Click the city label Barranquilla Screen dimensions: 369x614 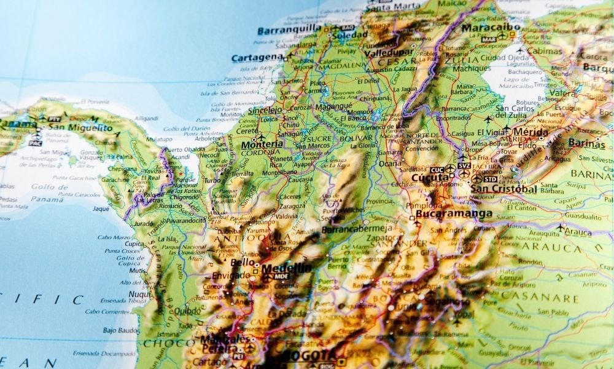[289, 30]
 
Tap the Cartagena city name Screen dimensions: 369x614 [257, 58]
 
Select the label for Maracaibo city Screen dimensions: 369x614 [491, 28]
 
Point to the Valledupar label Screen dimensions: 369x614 [387, 53]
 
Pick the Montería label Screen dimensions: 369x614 [262, 145]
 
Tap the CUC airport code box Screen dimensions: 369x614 [437, 170]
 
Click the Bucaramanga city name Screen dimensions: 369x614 [454, 214]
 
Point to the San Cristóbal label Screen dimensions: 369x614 [503, 189]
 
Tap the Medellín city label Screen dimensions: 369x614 [286, 268]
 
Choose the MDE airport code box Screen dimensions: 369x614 [281, 277]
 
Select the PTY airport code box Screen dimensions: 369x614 [54, 119]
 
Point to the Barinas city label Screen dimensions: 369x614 [586, 142]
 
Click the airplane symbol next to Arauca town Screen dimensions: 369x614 [560, 227]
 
